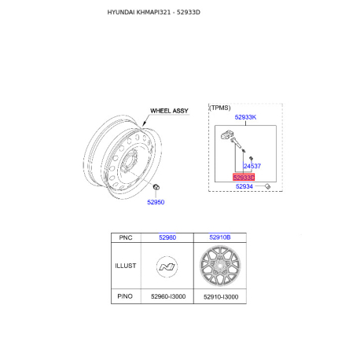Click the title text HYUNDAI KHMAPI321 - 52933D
tap(153, 13)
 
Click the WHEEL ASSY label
tap(169, 111)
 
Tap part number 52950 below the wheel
tap(156, 202)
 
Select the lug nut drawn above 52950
tap(156, 187)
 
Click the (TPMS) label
tap(220, 108)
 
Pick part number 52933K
tap(245, 117)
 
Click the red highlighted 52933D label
tap(244, 178)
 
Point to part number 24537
tap(252, 166)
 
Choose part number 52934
tap(244, 186)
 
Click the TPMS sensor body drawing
tap(227, 134)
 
